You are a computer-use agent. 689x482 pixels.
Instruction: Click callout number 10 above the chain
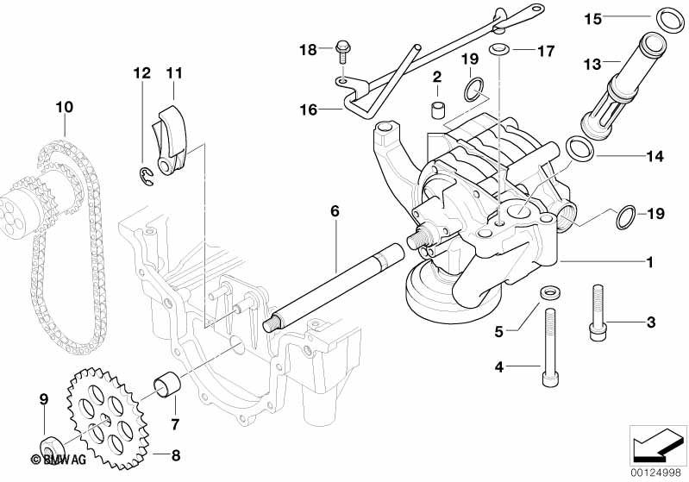(x=65, y=108)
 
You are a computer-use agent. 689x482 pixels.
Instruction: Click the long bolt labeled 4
(x=547, y=354)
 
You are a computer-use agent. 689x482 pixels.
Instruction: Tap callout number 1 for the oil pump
(x=650, y=261)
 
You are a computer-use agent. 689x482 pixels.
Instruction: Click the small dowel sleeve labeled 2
(x=438, y=111)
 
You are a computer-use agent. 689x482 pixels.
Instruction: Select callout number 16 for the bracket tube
(x=308, y=110)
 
